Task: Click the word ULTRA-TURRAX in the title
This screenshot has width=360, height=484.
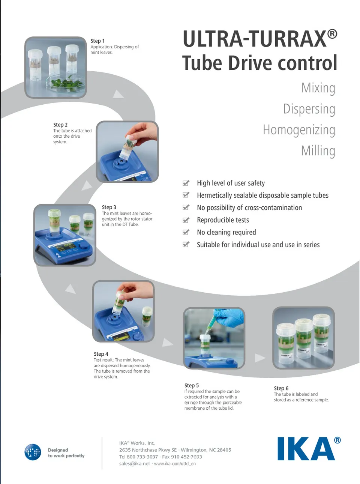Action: point(254,39)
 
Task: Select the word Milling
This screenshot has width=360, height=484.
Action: point(318,151)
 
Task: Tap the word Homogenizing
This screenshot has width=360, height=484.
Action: point(299,130)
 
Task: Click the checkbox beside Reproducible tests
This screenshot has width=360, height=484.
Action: point(186,220)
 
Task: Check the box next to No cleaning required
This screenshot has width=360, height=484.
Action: point(186,232)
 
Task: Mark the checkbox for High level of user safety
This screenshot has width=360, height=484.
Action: point(186,183)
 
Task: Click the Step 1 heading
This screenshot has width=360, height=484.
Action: point(97,41)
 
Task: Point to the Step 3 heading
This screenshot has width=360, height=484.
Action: point(109,207)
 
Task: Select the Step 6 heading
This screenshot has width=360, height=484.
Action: point(281,388)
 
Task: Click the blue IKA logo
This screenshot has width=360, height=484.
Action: point(306,449)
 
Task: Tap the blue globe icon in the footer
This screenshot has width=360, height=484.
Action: point(33,452)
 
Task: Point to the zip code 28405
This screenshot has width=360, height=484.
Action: point(224,450)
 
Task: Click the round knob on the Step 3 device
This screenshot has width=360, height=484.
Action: point(84,247)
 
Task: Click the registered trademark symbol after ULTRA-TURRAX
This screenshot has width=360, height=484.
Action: point(332,34)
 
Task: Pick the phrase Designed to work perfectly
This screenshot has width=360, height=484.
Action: point(66,453)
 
